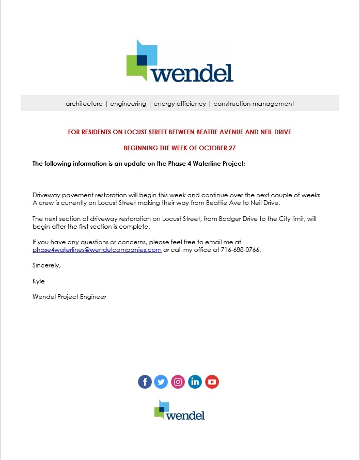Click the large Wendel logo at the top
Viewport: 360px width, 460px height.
tap(180, 62)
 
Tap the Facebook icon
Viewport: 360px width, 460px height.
tap(145, 382)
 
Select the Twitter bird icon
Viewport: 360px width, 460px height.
tap(161, 382)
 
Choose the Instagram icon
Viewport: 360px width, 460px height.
tap(178, 382)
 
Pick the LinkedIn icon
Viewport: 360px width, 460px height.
tap(195, 382)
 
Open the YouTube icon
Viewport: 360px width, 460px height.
tap(212, 382)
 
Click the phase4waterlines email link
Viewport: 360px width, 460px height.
tap(97, 250)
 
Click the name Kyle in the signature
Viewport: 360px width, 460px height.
tap(39, 281)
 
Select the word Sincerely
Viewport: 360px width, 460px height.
tap(46, 265)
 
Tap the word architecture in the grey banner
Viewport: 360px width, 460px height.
tap(84, 104)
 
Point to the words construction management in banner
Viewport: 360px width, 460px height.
tap(254, 104)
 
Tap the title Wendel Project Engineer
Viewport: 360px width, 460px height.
tap(69, 297)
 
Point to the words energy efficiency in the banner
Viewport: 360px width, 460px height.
tap(180, 104)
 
